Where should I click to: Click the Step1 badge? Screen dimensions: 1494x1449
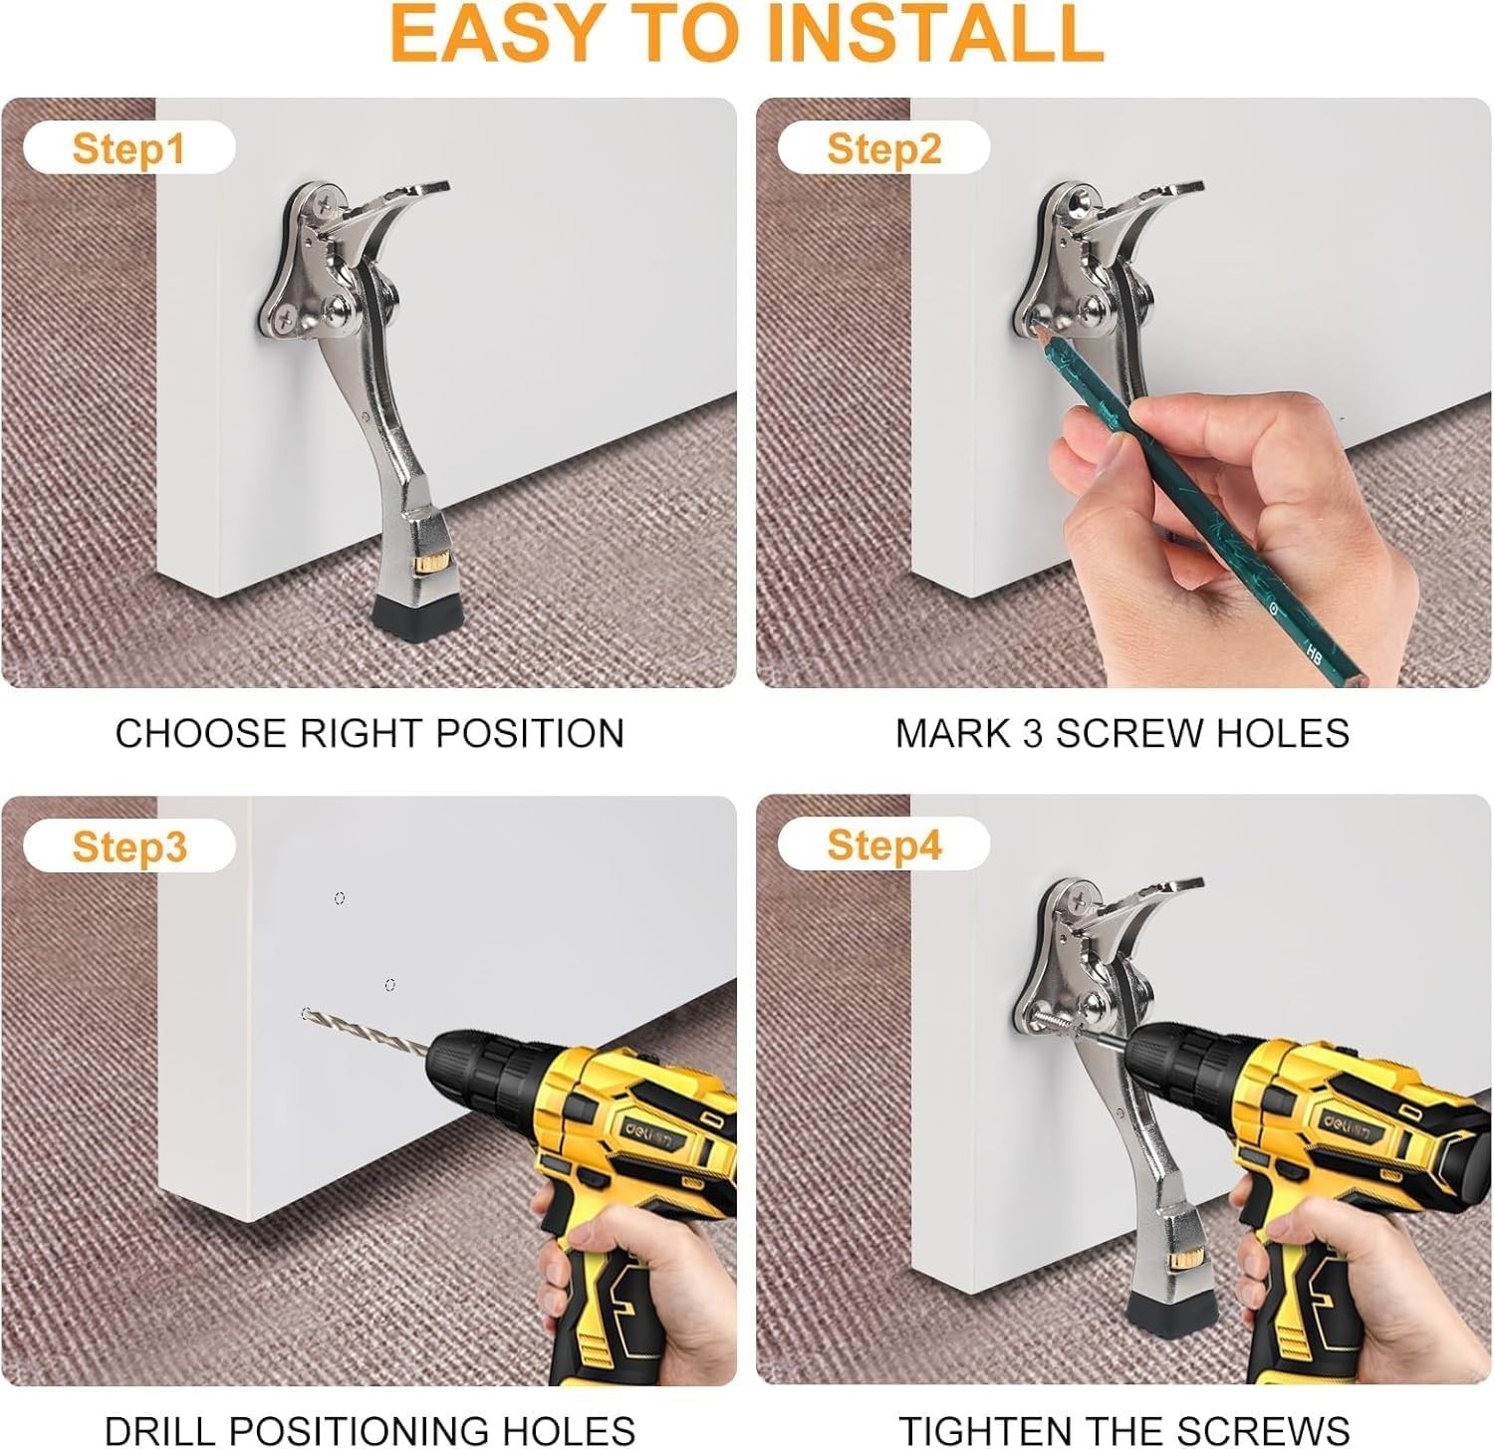(x=128, y=149)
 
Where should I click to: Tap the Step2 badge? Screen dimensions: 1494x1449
(x=883, y=149)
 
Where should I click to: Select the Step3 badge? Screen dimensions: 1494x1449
(x=128, y=846)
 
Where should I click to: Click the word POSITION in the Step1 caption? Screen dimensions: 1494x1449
(x=530, y=734)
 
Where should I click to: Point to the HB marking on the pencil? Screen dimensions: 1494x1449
(x=1312, y=649)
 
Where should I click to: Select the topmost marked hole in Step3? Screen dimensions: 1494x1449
(x=340, y=898)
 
